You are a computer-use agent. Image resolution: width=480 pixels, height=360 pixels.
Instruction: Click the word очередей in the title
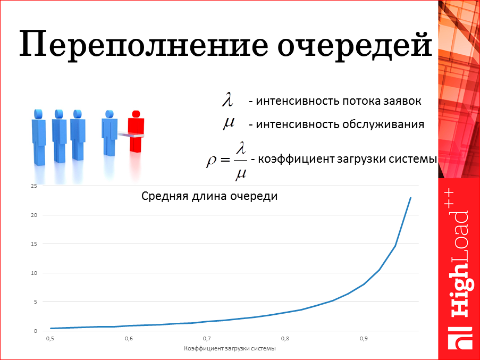pyautogui.click(x=356, y=44)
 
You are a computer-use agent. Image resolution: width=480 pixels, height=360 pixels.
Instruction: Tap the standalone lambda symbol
pyautogui.click(x=228, y=99)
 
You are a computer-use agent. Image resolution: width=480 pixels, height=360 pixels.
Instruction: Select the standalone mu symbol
pyautogui.click(x=229, y=123)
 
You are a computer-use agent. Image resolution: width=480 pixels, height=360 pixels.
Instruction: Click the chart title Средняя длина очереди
pyautogui.click(x=209, y=196)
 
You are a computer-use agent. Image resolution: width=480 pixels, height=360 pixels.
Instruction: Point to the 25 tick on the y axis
pyautogui.click(x=33, y=186)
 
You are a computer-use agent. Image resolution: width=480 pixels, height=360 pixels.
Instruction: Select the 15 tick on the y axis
pyautogui.click(x=33, y=244)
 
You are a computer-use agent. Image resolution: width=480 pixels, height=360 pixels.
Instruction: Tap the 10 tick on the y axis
pyautogui.click(x=33, y=273)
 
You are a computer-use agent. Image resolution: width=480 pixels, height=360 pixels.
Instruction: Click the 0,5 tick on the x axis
pyautogui.click(x=50, y=338)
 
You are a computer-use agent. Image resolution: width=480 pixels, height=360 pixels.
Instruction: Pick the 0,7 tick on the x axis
pyautogui.click(x=207, y=338)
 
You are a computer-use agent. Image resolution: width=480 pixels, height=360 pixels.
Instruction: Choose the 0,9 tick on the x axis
pyautogui.click(x=364, y=338)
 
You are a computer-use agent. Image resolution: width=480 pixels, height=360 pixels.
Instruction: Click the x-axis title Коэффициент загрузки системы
pyautogui.click(x=230, y=349)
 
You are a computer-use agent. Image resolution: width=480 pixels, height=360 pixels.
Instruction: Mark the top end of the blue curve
pyautogui.click(x=410, y=198)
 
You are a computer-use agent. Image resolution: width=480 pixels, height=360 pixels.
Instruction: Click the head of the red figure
pyautogui.click(x=136, y=114)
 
